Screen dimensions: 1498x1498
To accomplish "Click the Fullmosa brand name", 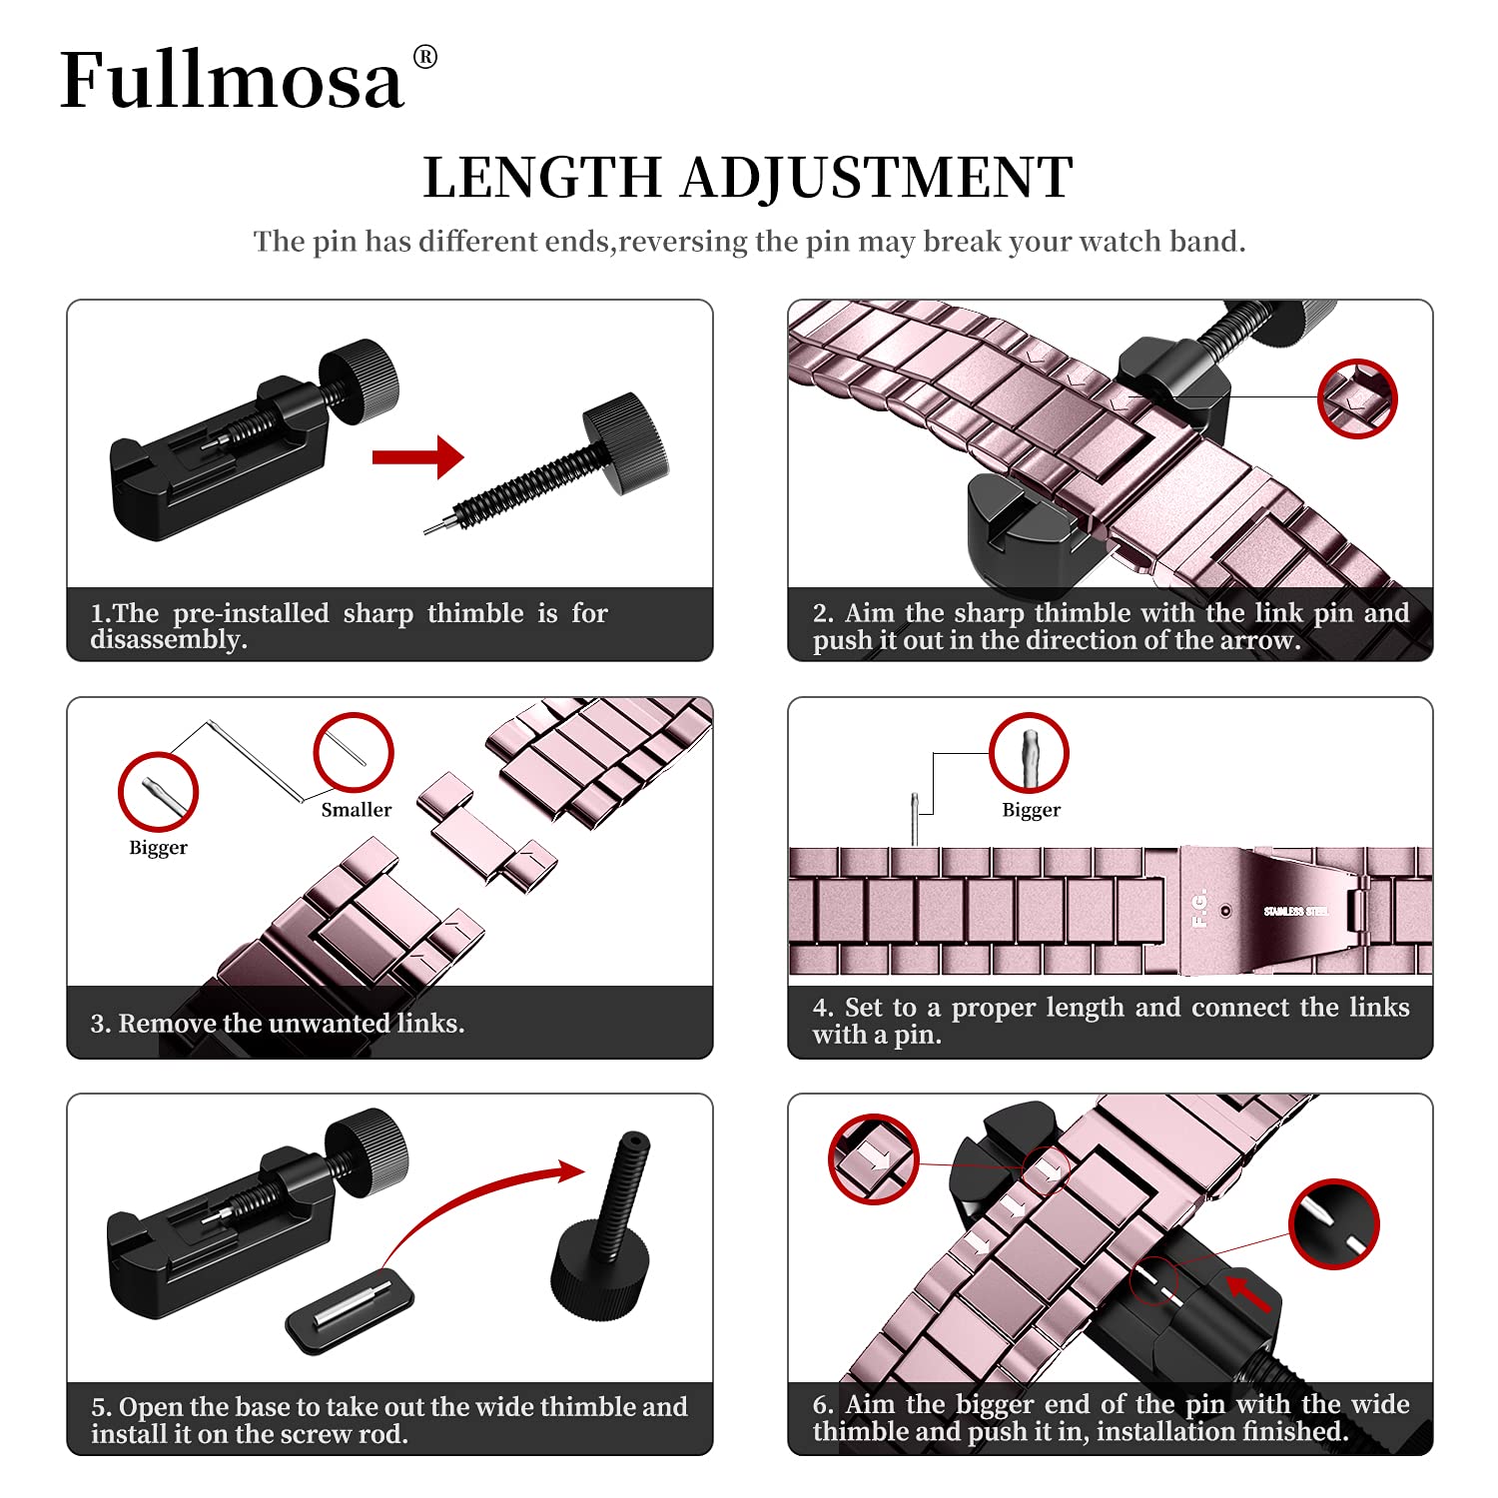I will coord(232,80).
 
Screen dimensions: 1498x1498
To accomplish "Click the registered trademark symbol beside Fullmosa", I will coord(424,57).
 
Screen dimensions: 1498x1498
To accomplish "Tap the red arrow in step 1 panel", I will coord(417,457).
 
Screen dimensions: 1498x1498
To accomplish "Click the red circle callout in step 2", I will coord(1357,398).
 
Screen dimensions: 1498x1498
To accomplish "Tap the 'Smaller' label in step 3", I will coord(356,810).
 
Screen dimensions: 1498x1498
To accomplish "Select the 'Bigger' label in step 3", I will coord(158,848).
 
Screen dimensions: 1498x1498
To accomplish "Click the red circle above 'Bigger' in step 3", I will coord(158,792).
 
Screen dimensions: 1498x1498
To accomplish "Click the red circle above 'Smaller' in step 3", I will coord(354,753).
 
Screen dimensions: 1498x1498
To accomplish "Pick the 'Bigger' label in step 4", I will coord(1031,810).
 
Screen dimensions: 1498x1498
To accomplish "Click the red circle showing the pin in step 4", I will coord(1029,753).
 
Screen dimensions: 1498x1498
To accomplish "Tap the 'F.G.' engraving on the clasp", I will coord(1199,908).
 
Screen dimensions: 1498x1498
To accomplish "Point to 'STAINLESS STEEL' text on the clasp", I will coord(1295,911).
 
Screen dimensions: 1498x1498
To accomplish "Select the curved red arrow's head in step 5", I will coord(570,1171).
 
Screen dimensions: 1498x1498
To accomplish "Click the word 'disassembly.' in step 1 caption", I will coord(169,640).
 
